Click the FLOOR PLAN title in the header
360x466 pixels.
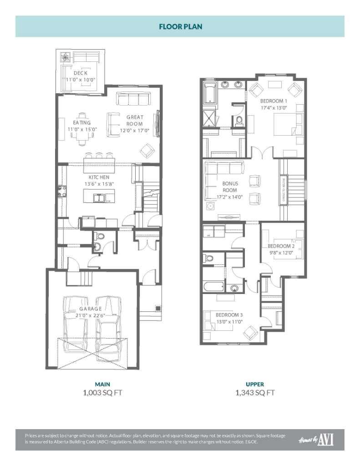(180, 26)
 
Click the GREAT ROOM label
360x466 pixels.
(135, 121)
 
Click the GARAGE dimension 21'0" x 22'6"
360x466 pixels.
(94, 315)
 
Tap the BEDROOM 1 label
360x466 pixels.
(274, 101)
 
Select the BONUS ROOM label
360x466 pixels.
(230, 187)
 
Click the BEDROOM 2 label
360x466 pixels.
(281, 246)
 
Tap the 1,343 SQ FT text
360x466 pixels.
(255, 392)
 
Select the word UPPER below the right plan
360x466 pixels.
(255, 384)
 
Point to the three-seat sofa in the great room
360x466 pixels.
(133, 98)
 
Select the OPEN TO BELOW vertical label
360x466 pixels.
(283, 190)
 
